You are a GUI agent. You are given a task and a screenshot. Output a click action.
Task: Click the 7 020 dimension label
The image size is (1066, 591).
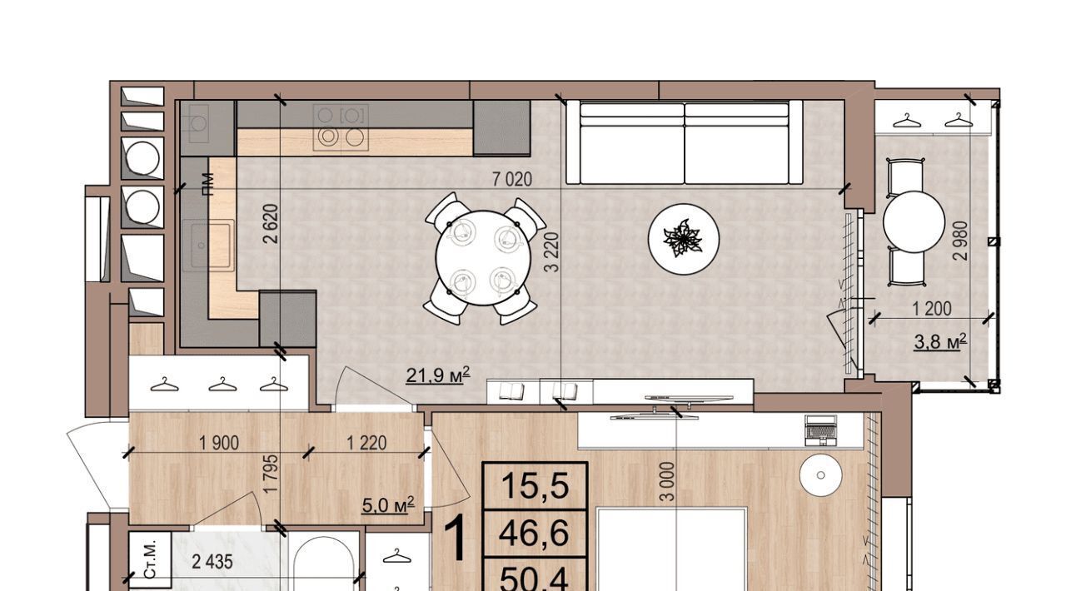pyautogui.click(x=512, y=180)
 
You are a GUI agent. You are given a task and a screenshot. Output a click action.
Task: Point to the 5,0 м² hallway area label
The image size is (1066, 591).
pyautogui.click(x=388, y=505)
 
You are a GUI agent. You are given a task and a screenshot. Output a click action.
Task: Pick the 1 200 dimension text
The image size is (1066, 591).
pyautogui.click(x=931, y=310)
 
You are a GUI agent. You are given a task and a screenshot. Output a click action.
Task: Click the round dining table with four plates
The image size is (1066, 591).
pyautogui.click(x=483, y=258)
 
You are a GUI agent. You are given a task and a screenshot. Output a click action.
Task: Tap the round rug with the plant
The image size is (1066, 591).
pyautogui.click(x=684, y=240)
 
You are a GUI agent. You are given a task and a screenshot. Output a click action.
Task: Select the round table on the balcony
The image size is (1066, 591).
pyautogui.click(x=914, y=221)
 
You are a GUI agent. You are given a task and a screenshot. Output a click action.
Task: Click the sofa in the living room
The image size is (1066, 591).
pyautogui.click(x=685, y=142)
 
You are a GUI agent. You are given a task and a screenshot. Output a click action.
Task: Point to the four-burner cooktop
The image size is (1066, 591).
pyautogui.click(x=341, y=127)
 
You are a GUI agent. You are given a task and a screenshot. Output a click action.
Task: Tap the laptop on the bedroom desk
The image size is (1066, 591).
pyautogui.click(x=820, y=430)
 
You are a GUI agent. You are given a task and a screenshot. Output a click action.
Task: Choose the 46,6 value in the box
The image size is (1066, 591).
pyautogui.click(x=534, y=534)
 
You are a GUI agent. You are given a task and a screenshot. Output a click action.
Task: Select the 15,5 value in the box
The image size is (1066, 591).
pyautogui.click(x=535, y=486)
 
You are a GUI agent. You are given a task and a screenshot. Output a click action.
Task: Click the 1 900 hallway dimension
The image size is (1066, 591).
pyautogui.click(x=219, y=443)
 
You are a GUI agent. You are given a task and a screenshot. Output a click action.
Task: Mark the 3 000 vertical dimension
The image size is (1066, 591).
pyautogui.click(x=668, y=482)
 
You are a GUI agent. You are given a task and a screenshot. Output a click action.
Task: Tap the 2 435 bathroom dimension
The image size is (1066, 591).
pyautogui.click(x=212, y=563)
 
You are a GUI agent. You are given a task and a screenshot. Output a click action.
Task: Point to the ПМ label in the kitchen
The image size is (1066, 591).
pyautogui.click(x=207, y=185)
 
